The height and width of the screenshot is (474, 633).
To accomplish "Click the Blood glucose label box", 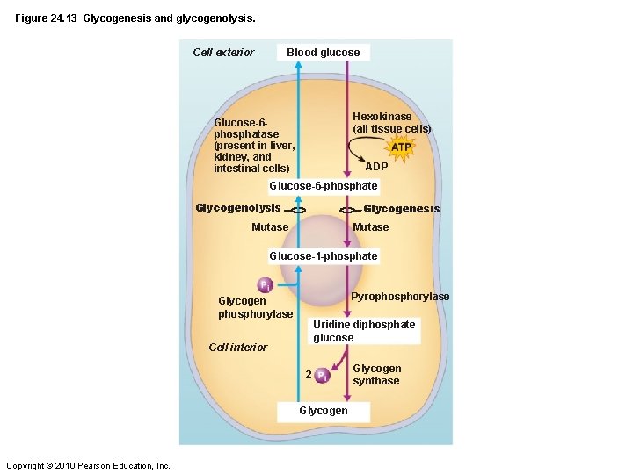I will (x=323, y=53).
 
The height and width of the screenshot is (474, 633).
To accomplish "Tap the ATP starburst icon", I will (x=400, y=147).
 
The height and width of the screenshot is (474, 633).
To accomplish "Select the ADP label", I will (x=376, y=167).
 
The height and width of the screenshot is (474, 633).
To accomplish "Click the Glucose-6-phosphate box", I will (x=323, y=186).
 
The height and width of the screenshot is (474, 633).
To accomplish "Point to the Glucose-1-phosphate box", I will (x=323, y=256).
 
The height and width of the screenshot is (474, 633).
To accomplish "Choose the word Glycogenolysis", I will (x=237, y=208).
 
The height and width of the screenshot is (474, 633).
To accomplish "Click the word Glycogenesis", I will (x=401, y=209).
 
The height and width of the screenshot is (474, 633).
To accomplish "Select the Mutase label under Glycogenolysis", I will (x=270, y=227).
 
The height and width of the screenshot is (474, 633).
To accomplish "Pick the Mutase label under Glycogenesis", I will (x=370, y=227).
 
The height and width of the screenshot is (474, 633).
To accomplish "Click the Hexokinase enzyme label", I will (x=391, y=123).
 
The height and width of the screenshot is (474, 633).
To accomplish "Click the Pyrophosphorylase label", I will (x=400, y=297).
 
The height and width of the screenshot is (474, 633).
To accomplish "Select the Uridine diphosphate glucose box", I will (x=364, y=331).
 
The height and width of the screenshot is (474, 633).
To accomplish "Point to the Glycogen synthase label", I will (x=376, y=375).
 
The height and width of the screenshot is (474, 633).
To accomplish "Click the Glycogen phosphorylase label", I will (x=255, y=307).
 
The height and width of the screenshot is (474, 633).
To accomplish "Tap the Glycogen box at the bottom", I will (x=323, y=411).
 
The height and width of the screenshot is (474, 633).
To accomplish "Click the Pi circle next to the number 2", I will (x=323, y=375).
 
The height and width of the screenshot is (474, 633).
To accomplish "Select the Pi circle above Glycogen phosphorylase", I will (x=264, y=285).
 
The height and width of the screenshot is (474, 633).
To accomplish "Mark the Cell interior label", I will (x=237, y=348).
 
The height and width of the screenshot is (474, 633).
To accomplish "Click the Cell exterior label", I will (x=223, y=53).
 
